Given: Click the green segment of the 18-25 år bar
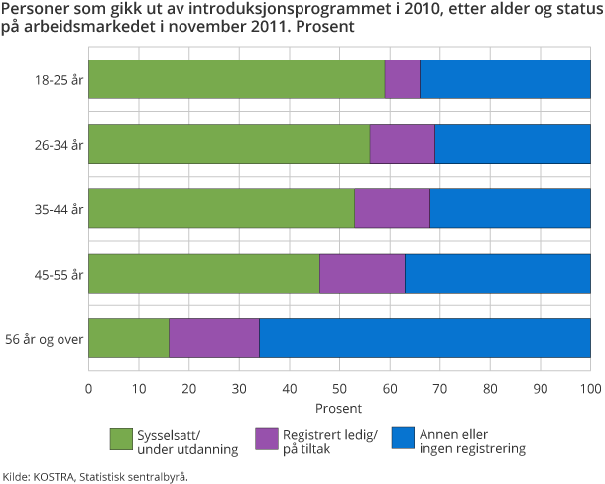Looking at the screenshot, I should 236,79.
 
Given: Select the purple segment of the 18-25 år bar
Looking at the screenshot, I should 402,79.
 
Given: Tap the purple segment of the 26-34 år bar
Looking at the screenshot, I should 402,144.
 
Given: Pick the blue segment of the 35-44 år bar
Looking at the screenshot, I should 510,208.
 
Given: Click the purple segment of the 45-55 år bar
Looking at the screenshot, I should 362,273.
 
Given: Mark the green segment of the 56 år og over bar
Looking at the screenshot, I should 129,338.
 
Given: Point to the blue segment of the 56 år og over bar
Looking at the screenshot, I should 424,338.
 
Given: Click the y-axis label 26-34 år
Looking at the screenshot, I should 59,144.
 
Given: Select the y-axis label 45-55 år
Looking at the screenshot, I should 59,274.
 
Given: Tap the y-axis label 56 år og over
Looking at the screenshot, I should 44,338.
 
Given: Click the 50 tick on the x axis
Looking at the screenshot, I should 340,388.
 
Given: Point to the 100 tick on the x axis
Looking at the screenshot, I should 591,388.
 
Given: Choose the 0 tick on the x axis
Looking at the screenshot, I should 89,388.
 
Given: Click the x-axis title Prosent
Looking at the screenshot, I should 340,407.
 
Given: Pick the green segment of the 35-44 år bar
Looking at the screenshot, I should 221,208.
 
